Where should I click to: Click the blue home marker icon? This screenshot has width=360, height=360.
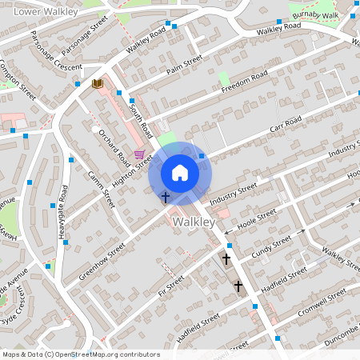click(180, 173)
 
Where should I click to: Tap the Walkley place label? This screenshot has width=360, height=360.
click(192, 221)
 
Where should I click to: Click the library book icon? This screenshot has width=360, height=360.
click(98, 83)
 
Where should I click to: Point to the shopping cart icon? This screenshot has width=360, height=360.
click(140, 154)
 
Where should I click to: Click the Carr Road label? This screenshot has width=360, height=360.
click(285, 125)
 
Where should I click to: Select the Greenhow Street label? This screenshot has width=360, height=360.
click(103, 262)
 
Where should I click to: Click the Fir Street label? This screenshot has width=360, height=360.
click(170, 283)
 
